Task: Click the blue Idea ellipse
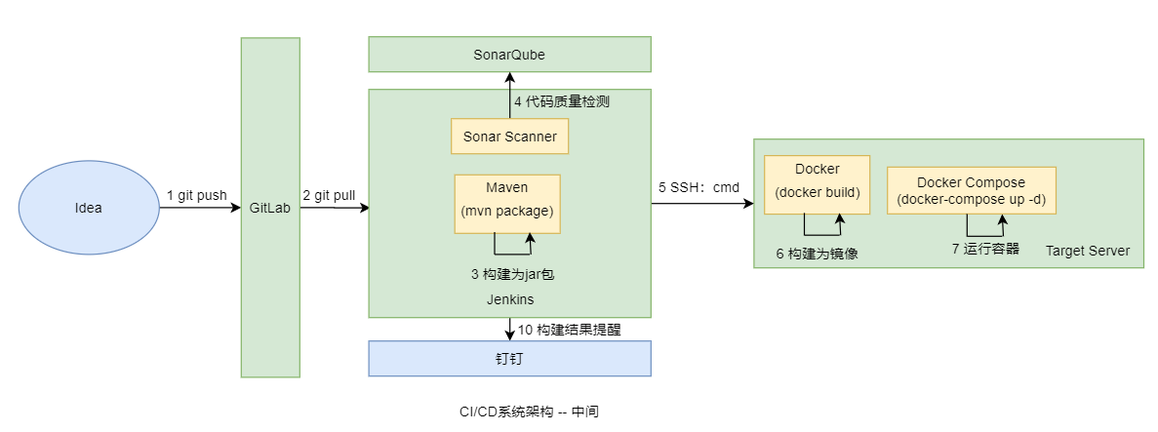pyautogui.click(x=88, y=208)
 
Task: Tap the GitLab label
pyautogui.click(x=270, y=208)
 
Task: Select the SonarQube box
pyautogui.click(x=509, y=55)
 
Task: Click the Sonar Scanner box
pyautogui.click(x=509, y=137)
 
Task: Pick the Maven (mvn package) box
pyautogui.click(x=507, y=204)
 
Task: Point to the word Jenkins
pyautogui.click(x=509, y=299)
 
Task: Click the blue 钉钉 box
pyautogui.click(x=509, y=358)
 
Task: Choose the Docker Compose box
pyautogui.click(x=971, y=191)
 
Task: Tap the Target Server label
pyautogui.click(x=1087, y=251)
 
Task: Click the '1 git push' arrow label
pyautogui.click(x=196, y=195)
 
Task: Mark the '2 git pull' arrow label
pyautogui.click(x=329, y=195)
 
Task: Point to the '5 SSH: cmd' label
pyautogui.click(x=699, y=187)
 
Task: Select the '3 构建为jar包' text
pyautogui.click(x=512, y=274)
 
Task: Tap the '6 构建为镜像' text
pyautogui.click(x=817, y=254)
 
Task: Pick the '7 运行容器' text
pyautogui.click(x=985, y=249)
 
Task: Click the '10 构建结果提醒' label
pyautogui.click(x=570, y=330)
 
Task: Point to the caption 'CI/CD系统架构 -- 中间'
pyautogui.click(x=529, y=412)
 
